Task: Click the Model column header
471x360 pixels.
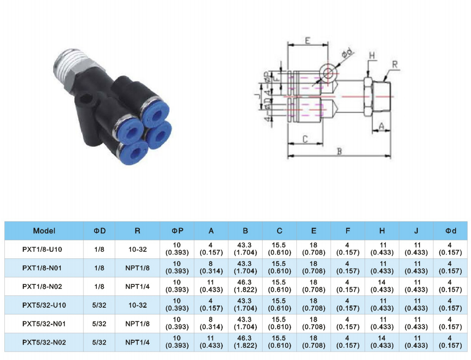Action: pos(44,231)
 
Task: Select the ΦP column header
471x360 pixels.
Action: pos(177,231)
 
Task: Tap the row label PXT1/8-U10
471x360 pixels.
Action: pos(42,249)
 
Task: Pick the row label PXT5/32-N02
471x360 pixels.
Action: pos(44,342)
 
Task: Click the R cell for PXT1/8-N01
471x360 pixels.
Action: pos(137,268)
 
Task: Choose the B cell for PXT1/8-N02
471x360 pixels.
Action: pos(245,286)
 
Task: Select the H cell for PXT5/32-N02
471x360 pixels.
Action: pos(382,342)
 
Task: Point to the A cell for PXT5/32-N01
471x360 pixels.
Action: pos(211,324)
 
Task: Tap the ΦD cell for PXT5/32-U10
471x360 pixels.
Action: pos(99,305)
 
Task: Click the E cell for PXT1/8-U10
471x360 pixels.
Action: pos(314,249)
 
